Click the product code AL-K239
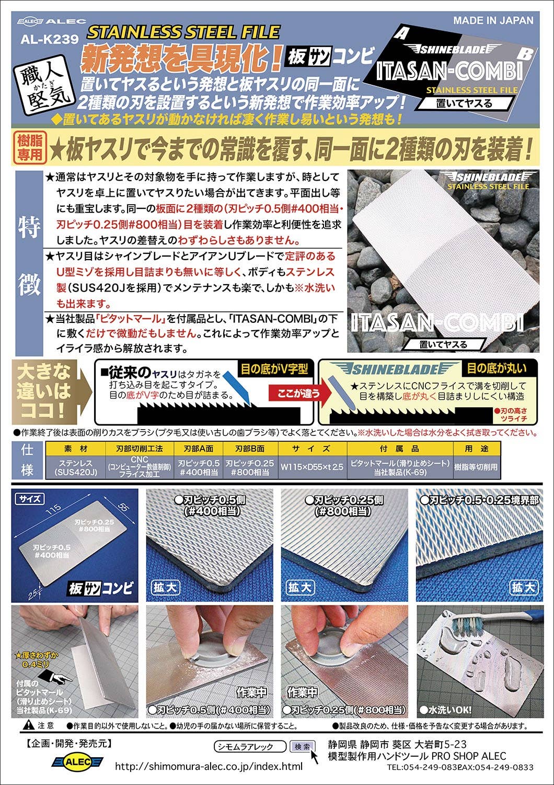(x=50, y=39)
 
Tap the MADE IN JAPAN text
(x=493, y=20)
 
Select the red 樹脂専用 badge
(x=30, y=148)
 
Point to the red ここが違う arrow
(x=299, y=394)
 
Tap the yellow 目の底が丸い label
(x=497, y=368)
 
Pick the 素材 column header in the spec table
(x=76, y=448)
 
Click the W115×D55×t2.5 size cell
(x=312, y=467)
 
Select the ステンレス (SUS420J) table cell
(x=76, y=467)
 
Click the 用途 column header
(x=477, y=448)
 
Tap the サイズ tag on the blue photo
(x=30, y=499)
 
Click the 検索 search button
(x=302, y=746)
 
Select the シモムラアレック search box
(x=250, y=746)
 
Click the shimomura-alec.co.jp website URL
(x=209, y=767)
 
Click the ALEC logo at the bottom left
(x=77, y=762)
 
